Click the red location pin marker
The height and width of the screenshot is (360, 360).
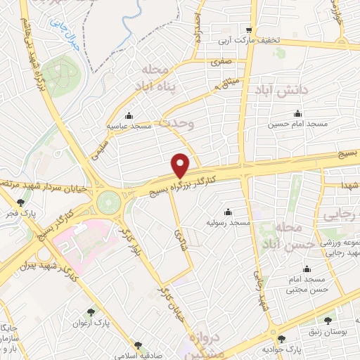(x=181, y=165)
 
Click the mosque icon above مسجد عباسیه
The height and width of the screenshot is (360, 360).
(x=127, y=115)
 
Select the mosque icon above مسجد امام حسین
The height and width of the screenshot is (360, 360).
(x=297, y=114)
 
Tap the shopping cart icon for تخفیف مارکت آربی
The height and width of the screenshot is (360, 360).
(x=249, y=30)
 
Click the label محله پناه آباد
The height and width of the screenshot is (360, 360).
(x=161, y=79)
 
